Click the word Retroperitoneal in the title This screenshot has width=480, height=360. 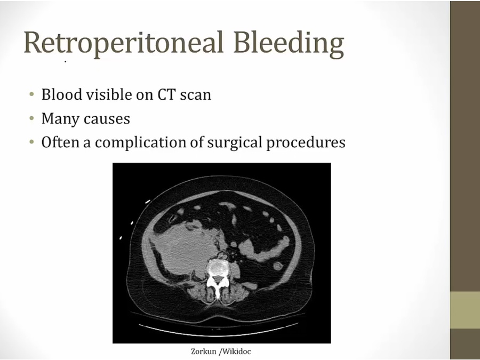[x=123, y=43]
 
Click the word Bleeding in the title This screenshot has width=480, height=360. [x=289, y=43]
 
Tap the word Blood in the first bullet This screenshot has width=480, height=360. [x=61, y=94]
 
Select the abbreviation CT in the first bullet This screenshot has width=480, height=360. [x=166, y=94]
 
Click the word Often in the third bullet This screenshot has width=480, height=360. [x=60, y=142]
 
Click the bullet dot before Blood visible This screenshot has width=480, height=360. [x=31, y=94]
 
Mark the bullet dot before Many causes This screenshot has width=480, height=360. [x=31, y=118]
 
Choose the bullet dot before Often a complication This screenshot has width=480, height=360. [x=31, y=142]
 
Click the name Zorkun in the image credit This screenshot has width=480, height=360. [x=203, y=351]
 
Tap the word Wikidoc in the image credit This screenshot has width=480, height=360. [x=237, y=351]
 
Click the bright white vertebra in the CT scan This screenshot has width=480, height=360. [x=217, y=276]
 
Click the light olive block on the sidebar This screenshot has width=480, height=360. [x=465, y=310]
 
